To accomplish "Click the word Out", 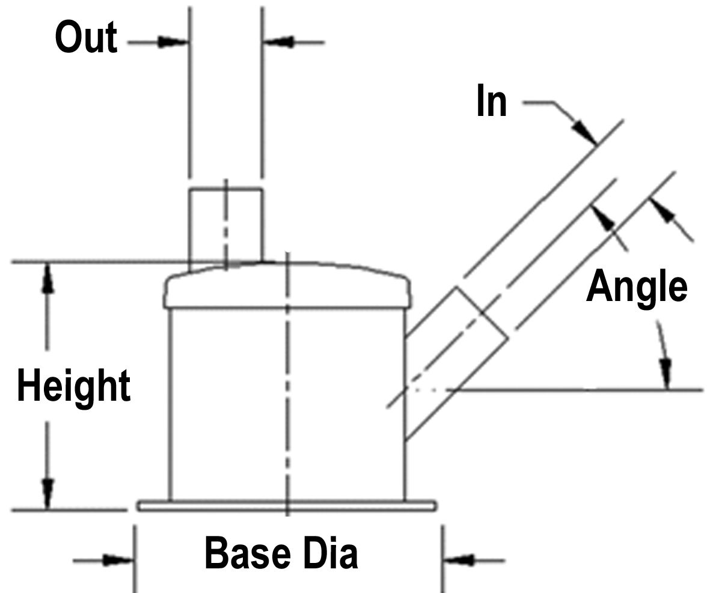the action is [86, 37].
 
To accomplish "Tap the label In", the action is [491, 100].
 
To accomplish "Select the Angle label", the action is [637, 287].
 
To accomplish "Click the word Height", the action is [73, 386].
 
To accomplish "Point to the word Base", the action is [248, 553].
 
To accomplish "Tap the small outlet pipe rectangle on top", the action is [225, 225].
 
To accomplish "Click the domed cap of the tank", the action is [287, 284].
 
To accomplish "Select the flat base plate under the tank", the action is [287, 506].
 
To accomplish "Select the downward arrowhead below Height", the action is [47, 493].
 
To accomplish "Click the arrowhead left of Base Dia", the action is [118, 560].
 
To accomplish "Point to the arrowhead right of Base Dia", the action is [458, 560].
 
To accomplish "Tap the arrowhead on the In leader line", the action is [584, 132].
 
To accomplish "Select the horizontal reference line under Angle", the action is [575, 391].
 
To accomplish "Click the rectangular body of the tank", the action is [287, 404].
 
